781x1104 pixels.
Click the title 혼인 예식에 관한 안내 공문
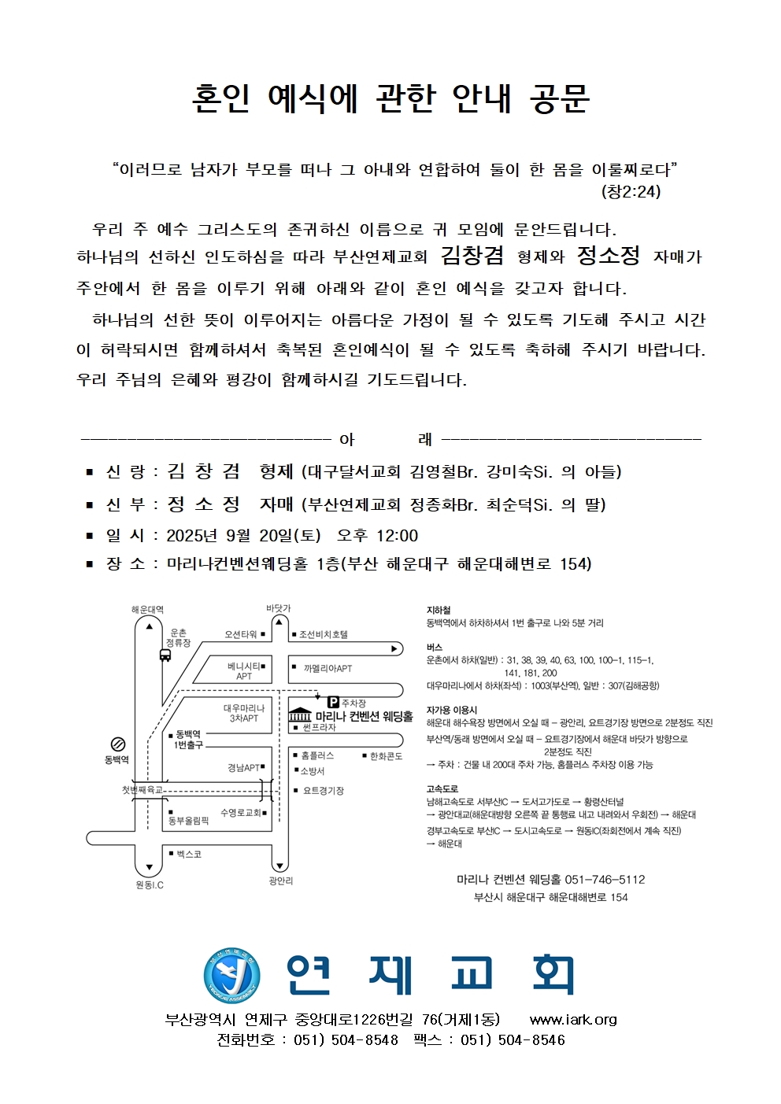390,98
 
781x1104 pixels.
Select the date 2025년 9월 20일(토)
243,536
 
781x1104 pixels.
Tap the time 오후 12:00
377,536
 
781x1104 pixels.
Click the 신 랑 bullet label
125,472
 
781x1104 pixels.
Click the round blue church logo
231,976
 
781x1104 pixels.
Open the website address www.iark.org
573,1020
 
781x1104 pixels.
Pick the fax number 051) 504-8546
513,1040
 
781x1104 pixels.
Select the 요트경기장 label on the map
323,791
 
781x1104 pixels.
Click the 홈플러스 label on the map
317,756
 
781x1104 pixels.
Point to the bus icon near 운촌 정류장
165,655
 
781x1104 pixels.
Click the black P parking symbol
333,702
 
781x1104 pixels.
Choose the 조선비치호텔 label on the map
323,634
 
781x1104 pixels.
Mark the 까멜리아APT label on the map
328,669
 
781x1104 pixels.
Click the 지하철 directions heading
439,610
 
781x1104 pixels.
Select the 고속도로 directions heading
442,788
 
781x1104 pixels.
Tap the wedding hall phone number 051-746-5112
605,880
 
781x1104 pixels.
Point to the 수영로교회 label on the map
241,813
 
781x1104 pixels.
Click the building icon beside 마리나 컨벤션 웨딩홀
300,716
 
